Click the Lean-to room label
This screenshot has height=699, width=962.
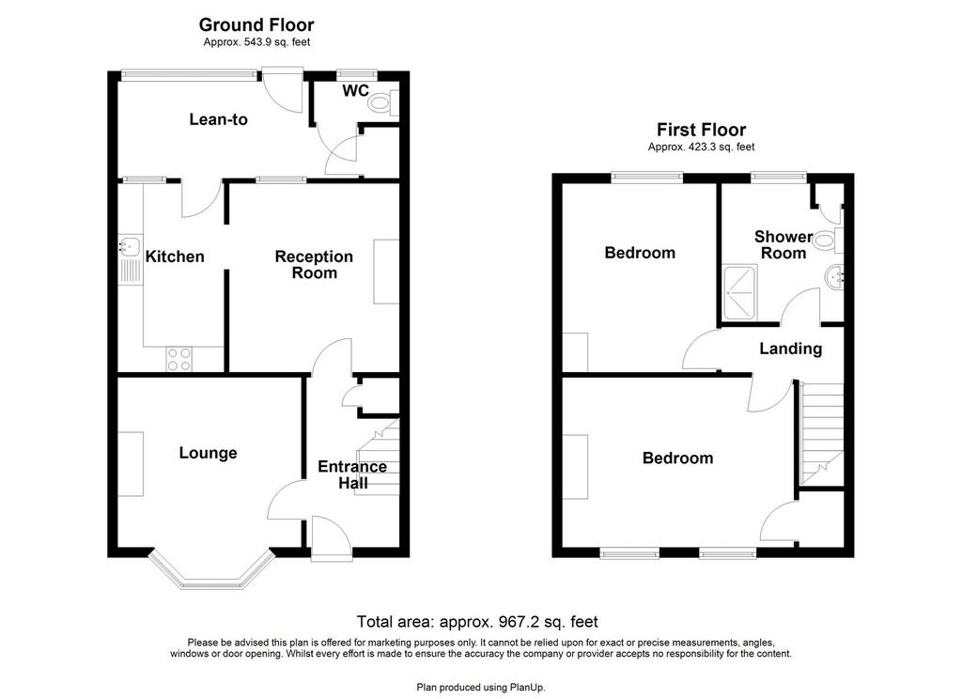coord(218,119)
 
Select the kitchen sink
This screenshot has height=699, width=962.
coord(130,246)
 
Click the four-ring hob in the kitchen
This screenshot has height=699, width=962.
coord(178,359)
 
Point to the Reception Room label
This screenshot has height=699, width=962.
coord(314,265)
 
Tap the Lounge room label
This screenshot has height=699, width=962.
coord(208,453)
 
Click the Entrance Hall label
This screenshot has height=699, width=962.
coord(352,475)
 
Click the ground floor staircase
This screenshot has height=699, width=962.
coord(379,458)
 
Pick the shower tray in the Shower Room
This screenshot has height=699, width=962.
coord(740,293)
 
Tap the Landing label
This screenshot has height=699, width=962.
coord(790,349)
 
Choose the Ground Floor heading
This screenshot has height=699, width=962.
coord(256,24)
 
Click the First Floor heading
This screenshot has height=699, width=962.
coord(701,130)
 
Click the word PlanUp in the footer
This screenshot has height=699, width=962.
coord(527,688)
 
